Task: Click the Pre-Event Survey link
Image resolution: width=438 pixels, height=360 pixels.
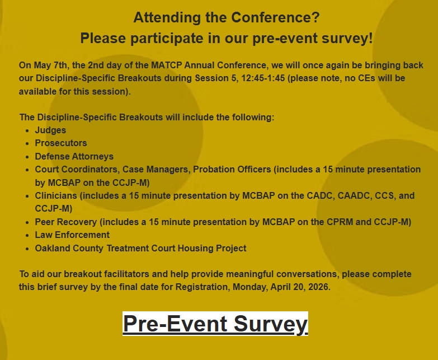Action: (x=215, y=324)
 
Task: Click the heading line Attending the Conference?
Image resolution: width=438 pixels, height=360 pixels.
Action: (x=226, y=17)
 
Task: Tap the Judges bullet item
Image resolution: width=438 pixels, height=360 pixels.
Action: (x=50, y=130)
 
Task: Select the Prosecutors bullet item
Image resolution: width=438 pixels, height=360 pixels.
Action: (x=61, y=143)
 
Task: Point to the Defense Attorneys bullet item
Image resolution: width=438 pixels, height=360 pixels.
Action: (x=74, y=156)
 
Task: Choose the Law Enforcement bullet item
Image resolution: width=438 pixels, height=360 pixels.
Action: (x=72, y=235)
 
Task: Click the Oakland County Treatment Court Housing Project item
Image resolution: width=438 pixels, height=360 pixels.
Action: (x=140, y=248)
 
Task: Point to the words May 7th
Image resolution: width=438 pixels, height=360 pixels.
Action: (x=43, y=66)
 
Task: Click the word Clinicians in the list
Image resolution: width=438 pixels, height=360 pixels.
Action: (x=56, y=196)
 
